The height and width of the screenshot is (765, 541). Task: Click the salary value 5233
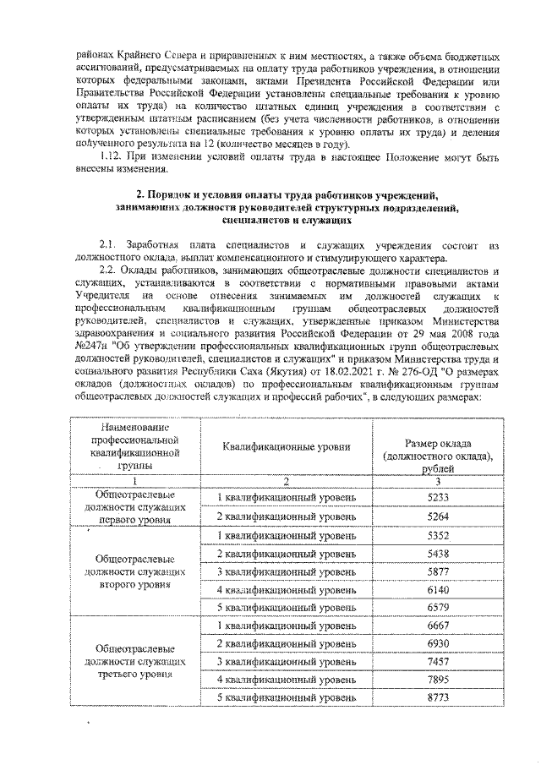[437, 497]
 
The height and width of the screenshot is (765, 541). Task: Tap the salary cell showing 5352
[437, 535]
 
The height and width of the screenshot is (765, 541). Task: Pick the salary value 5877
[437, 571]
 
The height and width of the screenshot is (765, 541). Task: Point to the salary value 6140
[437, 589]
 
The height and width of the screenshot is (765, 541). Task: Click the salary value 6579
[437, 607]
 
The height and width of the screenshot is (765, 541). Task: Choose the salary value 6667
[437, 626]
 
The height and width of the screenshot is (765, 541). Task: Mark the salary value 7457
[437, 661]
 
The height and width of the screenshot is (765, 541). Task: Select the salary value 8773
[437, 697]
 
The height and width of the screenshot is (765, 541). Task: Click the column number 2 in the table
[286, 481]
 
